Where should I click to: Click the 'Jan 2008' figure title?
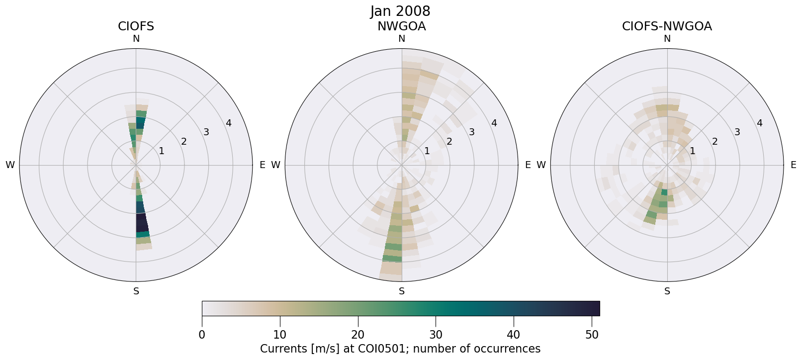click(x=400, y=11)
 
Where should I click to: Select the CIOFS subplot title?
click(x=136, y=26)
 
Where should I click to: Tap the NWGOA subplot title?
click(x=401, y=26)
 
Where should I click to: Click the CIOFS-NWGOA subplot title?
click(x=667, y=26)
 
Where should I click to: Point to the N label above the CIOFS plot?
click(x=136, y=39)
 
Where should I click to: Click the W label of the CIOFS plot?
click(x=10, y=165)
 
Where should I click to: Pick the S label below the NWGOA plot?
click(x=402, y=291)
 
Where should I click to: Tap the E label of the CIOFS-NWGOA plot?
click(x=794, y=165)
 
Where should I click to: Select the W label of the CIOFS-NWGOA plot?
click(x=541, y=165)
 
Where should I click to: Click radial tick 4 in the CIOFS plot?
click(x=229, y=123)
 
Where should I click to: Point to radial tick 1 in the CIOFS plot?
click(x=161, y=151)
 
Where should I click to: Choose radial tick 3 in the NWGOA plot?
click(x=472, y=132)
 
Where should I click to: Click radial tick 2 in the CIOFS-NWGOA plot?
click(x=715, y=142)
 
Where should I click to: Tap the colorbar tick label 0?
click(x=202, y=335)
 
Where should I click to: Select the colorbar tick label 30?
click(x=436, y=335)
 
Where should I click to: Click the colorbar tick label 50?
click(x=592, y=335)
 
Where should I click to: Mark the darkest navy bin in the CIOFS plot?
click(x=142, y=222)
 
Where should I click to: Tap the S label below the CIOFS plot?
click(x=136, y=291)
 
